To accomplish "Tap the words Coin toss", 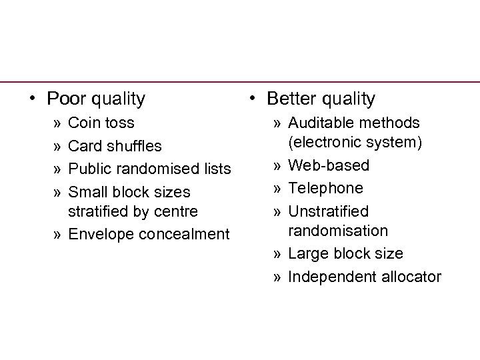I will pyautogui.click(x=101, y=123).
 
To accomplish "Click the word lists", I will pyautogui.click(x=216, y=169).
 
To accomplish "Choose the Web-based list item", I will pyautogui.click(x=329, y=165).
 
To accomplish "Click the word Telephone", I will pyautogui.click(x=325, y=188).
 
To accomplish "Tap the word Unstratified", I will pyautogui.click(x=328, y=211).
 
